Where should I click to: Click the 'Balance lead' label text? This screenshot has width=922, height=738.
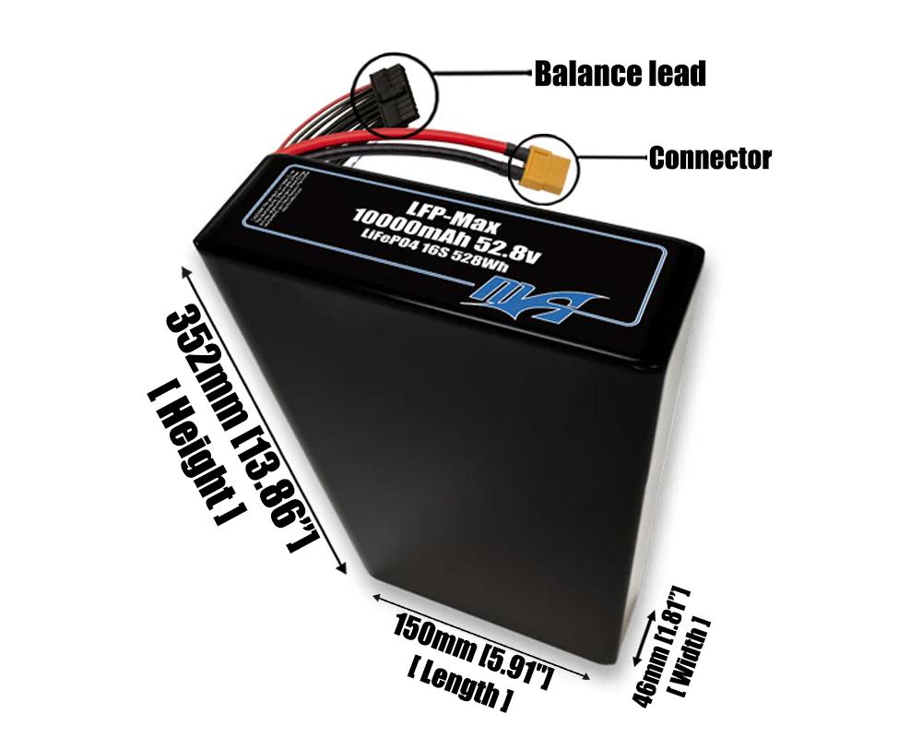(620, 73)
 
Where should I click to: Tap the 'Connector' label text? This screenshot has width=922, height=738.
(709, 158)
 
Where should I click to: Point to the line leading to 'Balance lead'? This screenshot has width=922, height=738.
(479, 72)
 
